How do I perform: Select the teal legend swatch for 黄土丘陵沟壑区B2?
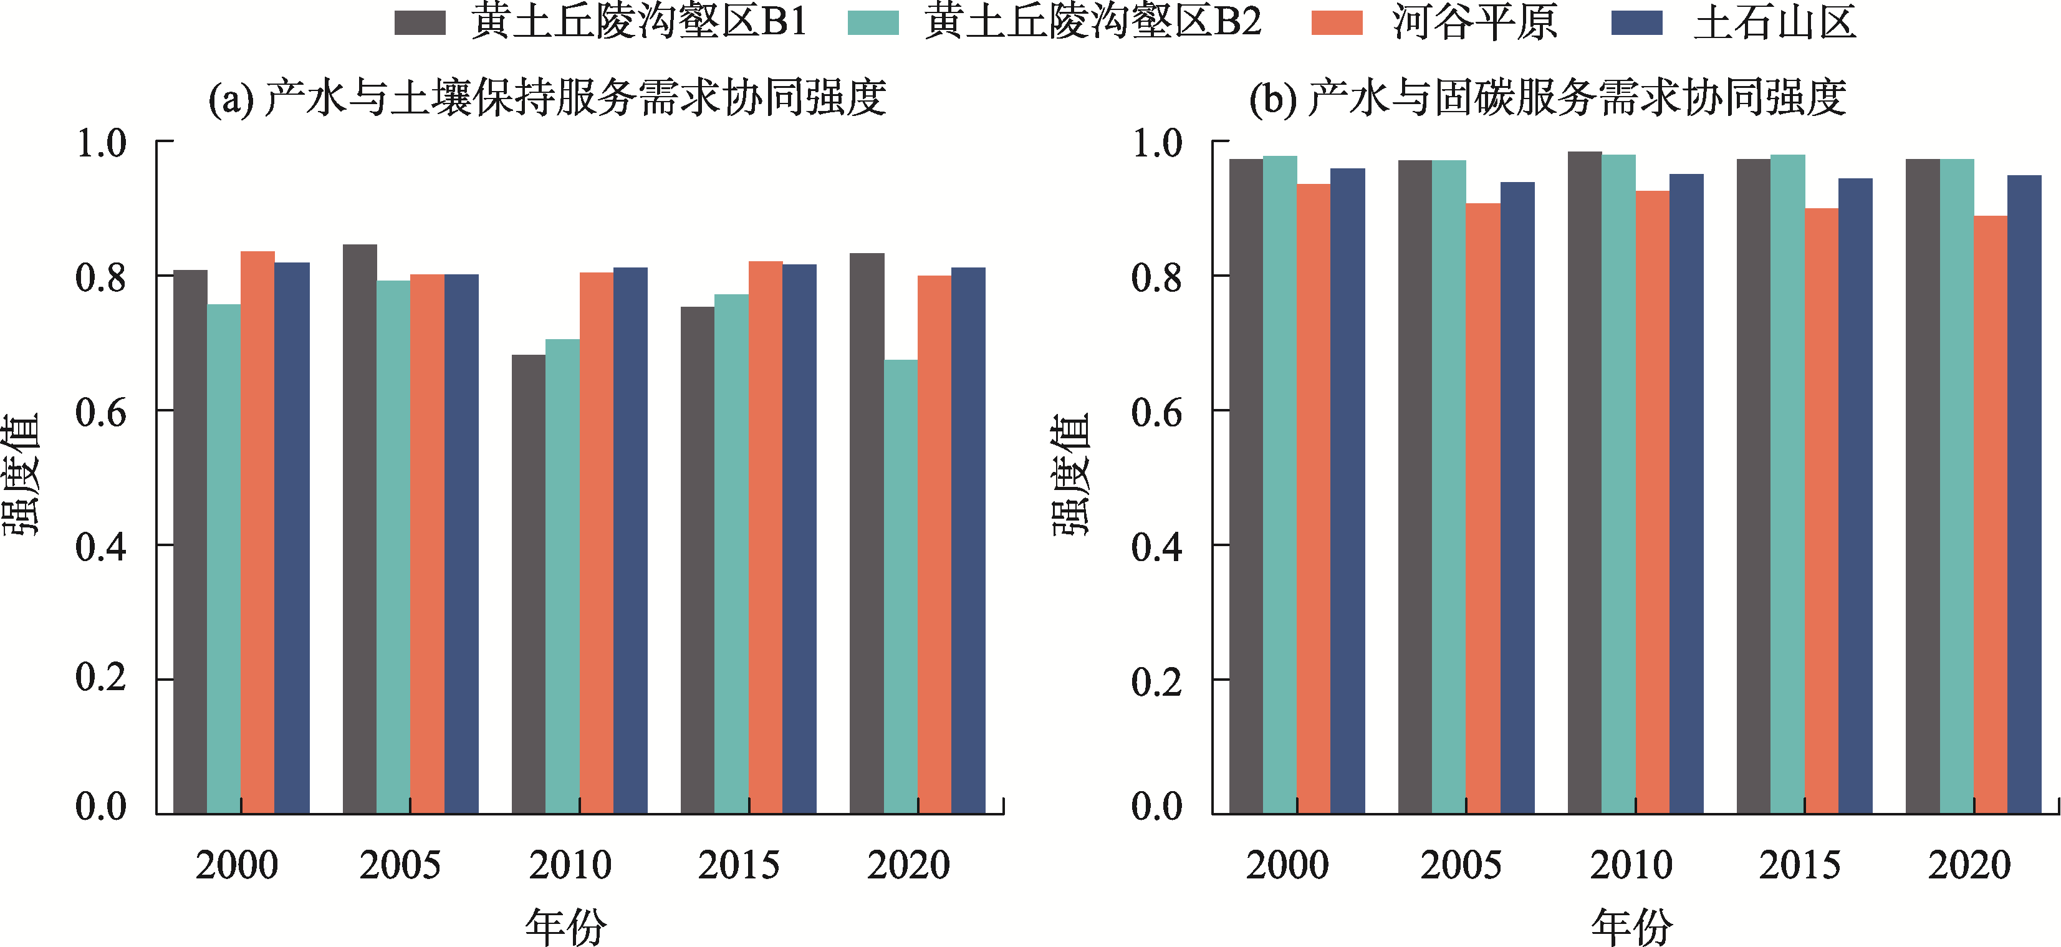873,22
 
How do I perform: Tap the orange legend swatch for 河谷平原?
1337,22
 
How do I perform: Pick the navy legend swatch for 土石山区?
1637,22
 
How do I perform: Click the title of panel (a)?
547,99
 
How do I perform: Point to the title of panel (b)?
1548,99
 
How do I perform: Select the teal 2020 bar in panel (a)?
901,588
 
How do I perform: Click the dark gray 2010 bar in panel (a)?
529,584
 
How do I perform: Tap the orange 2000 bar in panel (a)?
257,532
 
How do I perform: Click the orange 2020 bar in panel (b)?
1991,516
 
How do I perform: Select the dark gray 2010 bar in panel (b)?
1584,484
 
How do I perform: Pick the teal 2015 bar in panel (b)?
1787,484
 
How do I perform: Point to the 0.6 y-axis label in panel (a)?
101,413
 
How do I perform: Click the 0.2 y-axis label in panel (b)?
1157,681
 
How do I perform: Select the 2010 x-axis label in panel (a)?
570,865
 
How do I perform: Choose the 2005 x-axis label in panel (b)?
1461,865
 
